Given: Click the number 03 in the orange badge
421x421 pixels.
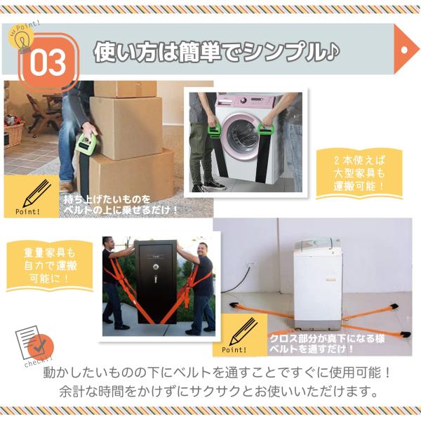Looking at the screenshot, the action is (48, 62).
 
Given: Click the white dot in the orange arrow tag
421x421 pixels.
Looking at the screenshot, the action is (404, 50).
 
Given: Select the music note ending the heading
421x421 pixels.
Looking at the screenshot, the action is (333, 51).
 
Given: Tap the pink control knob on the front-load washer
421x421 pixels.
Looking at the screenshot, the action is (243, 100).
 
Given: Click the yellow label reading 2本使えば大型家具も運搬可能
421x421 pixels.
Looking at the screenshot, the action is (359, 173).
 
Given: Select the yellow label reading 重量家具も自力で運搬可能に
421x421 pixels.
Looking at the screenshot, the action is (50, 265).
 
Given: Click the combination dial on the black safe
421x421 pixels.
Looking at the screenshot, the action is (156, 267).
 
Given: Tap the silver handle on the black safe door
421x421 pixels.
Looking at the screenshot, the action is (156, 279).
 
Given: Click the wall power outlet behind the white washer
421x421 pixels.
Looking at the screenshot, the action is (252, 264).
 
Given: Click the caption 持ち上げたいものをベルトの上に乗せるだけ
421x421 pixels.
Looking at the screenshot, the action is (120, 205).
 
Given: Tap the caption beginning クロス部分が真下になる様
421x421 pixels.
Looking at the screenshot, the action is (327, 343).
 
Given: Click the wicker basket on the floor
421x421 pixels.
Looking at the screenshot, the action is (13, 135).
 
